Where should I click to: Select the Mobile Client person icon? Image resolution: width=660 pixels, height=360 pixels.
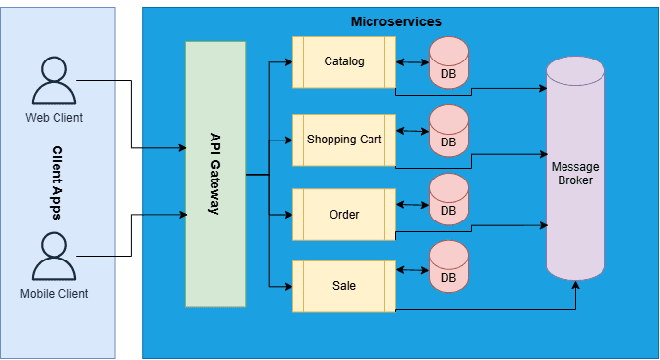[55, 257]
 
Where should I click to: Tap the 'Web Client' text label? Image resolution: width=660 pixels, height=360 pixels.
[54, 118]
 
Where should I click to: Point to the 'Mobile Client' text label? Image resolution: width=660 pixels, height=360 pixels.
[55, 293]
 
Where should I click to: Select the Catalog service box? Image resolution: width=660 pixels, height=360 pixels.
[343, 61]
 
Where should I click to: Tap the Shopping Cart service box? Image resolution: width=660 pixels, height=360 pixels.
[343, 139]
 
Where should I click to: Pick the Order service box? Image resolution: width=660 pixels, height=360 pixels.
[343, 213]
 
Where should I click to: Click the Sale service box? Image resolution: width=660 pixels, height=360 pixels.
[343, 286]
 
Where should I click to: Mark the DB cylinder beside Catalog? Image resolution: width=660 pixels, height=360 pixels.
[448, 61]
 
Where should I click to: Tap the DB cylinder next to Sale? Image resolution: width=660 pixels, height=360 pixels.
[448, 266]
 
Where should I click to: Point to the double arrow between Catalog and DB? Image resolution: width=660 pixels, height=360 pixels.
[412, 62]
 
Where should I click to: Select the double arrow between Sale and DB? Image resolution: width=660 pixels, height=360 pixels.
[412, 276]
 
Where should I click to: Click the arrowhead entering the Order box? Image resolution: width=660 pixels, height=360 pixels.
[288, 213]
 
